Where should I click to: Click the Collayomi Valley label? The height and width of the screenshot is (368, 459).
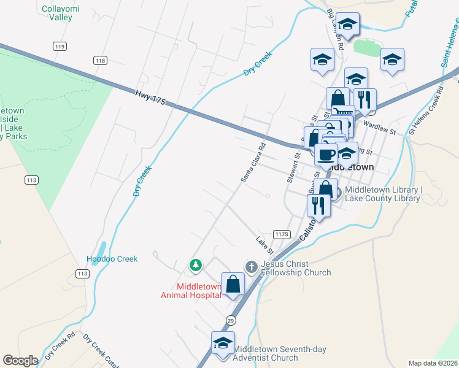point(57,13)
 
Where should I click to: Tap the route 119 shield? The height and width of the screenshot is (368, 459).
point(60,47)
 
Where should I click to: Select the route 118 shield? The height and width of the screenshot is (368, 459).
point(101,60)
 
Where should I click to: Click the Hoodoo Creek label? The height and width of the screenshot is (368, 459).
point(112,259)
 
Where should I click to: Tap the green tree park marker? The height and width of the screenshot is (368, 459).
point(196,265)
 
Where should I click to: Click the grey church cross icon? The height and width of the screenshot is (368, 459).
point(250,267)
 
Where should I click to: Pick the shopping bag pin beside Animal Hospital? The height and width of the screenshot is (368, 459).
point(233,285)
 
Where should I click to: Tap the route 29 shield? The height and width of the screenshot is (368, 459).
point(231,320)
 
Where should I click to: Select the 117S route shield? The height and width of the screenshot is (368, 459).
point(282,234)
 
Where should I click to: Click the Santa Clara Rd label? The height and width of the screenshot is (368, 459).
point(252,163)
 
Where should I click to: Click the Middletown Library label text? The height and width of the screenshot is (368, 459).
point(383,194)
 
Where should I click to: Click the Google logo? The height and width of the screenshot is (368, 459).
point(20,361)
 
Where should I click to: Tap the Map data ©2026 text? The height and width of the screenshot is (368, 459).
point(433,362)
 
